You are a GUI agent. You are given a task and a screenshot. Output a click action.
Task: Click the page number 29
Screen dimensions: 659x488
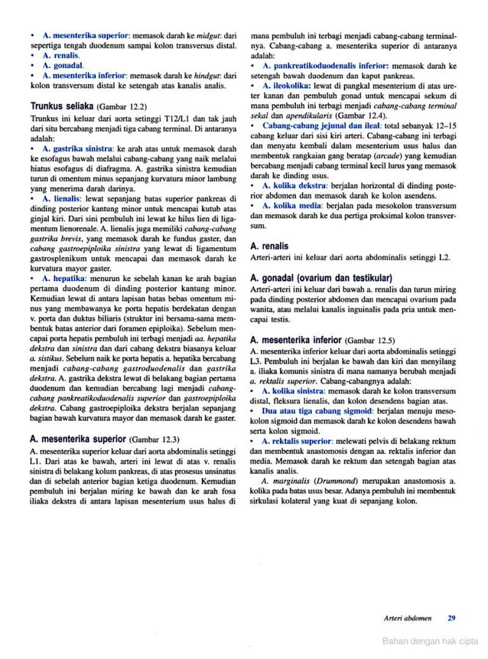pyautogui.click(x=452, y=618)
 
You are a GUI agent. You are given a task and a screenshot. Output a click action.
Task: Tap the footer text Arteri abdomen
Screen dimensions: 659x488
pyautogui.click(x=408, y=618)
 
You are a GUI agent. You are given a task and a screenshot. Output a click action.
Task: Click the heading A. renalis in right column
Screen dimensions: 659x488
pyautogui.click(x=269, y=246)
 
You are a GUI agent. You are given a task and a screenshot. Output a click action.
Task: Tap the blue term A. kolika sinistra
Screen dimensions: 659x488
pyautogui.click(x=298, y=390)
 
